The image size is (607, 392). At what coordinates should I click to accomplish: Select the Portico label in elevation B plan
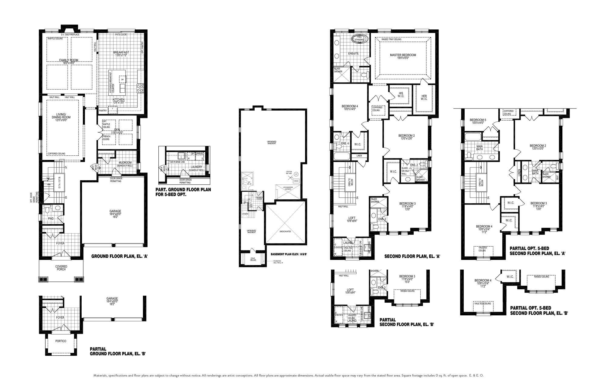(x=61, y=341)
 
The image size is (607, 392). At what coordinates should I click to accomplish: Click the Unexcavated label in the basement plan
(x=285, y=231)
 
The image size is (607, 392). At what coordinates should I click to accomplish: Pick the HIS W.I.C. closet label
(x=401, y=95)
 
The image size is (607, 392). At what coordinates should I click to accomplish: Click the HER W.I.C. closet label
(x=424, y=98)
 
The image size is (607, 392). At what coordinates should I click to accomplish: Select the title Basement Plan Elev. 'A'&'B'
(x=289, y=254)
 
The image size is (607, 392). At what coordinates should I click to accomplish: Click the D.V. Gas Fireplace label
(x=70, y=35)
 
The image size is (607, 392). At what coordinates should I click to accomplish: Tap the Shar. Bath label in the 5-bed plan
(x=535, y=172)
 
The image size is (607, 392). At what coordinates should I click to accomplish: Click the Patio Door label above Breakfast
(x=121, y=35)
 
